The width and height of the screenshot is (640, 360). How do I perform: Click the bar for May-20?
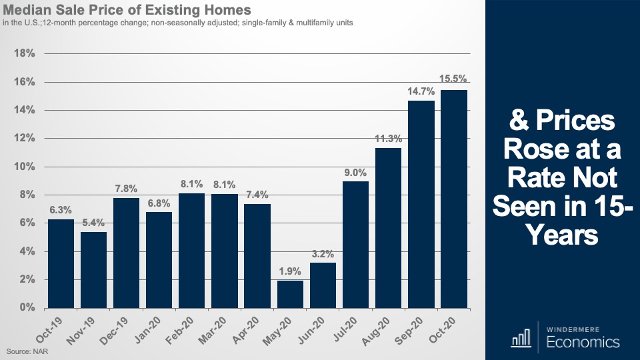pos(290,294)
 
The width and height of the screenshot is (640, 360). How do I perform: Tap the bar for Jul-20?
pos(355,244)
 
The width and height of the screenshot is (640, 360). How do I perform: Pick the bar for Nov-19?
pos(94,269)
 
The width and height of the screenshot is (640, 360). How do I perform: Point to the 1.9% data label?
pos(290,272)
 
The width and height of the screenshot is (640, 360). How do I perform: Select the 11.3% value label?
pos(388,139)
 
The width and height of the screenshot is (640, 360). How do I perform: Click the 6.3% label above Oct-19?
pos(61,211)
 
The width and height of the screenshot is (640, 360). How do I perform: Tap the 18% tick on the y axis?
pos(24,53)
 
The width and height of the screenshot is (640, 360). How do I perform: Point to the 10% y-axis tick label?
pos(24,167)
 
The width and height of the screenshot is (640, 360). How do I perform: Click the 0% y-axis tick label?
pos(27,308)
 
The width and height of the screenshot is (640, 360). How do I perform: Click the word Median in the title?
pos(30,11)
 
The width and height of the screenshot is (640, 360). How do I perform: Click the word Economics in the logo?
pos(583,343)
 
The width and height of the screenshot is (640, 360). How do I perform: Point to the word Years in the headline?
pos(562,235)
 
